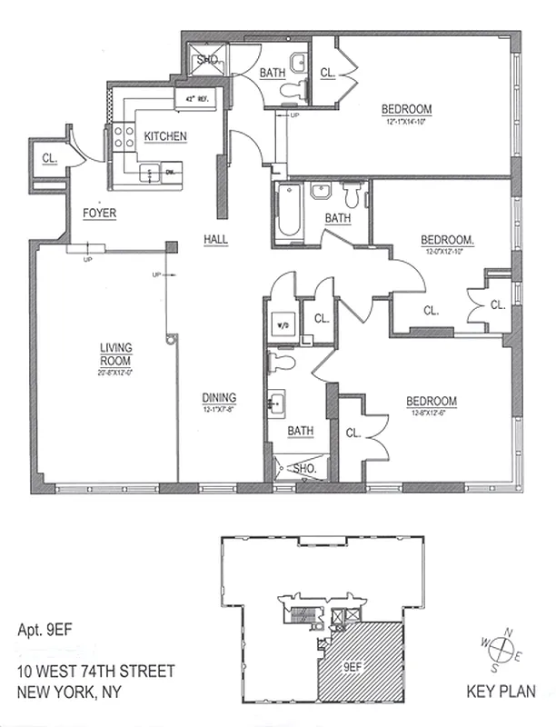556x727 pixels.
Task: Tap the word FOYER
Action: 99,214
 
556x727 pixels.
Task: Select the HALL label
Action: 215,239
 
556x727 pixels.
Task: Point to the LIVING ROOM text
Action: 116,353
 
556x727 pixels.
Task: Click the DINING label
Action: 220,397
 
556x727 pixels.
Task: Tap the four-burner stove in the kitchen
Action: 125,138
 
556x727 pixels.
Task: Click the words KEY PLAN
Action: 502,689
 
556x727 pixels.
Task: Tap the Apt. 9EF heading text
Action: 45,628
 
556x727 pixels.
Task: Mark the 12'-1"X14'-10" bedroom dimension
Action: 407,122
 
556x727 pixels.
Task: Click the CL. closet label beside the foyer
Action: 50,158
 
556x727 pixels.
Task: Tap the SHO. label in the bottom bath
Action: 304,469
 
